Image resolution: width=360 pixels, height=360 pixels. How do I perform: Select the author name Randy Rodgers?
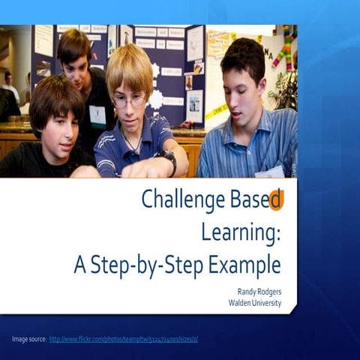(257, 291)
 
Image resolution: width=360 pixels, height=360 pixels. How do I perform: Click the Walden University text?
(254, 302)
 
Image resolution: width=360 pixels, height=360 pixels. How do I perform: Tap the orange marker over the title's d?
(277, 199)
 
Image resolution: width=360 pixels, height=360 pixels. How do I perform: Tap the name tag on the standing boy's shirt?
(98, 115)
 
